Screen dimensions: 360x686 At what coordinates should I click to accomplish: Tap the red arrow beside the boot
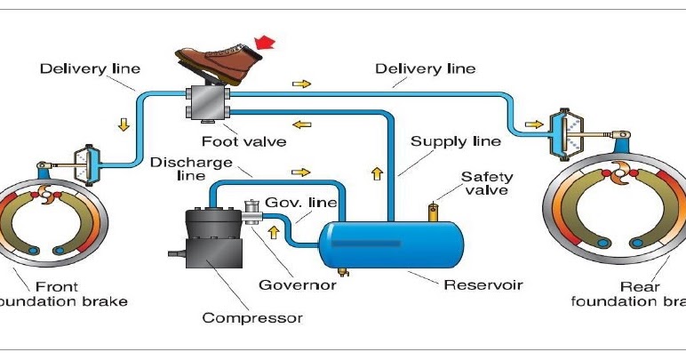tap(265, 42)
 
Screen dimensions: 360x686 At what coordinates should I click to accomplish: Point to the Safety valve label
tap(486, 183)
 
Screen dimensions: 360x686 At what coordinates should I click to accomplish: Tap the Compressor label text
tap(252, 317)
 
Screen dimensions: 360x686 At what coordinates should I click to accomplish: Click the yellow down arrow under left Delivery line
tap(124, 125)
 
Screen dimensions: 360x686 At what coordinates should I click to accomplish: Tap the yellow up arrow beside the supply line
tap(375, 172)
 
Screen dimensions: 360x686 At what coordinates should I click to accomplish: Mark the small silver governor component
tap(251, 211)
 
